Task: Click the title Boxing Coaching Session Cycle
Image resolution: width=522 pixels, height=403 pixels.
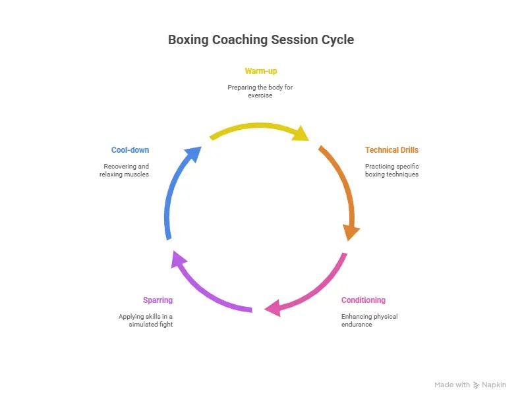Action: click(x=261, y=40)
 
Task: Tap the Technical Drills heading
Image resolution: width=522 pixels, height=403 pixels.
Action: click(x=391, y=150)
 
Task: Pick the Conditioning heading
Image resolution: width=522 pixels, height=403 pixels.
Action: click(x=363, y=300)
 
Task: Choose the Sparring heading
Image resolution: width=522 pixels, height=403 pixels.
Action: click(x=158, y=300)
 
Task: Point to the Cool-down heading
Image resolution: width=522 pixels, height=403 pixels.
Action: click(x=130, y=150)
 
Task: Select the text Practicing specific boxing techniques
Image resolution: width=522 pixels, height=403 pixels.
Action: click(x=391, y=170)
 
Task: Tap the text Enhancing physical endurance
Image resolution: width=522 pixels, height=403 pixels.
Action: click(x=369, y=320)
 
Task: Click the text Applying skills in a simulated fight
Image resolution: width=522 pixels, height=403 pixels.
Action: click(x=146, y=320)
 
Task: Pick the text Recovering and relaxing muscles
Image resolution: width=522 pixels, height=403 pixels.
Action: click(x=126, y=170)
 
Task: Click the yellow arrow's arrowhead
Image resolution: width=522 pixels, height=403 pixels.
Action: click(x=301, y=134)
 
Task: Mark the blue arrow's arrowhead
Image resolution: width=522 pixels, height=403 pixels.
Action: click(x=193, y=155)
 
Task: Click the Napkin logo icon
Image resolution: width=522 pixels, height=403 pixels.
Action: click(x=477, y=385)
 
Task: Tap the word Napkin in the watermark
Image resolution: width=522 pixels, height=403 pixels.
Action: click(x=495, y=385)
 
